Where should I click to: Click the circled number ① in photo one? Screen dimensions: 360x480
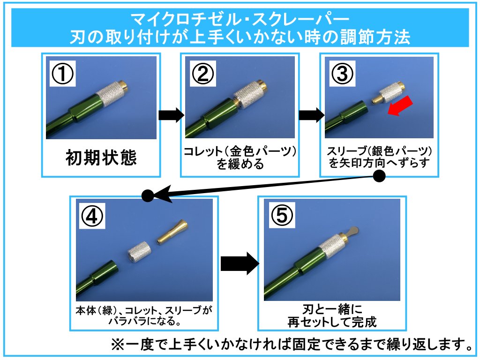(x=62, y=75)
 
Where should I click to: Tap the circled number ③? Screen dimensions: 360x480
(x=343, y=75)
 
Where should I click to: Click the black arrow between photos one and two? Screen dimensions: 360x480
(x=171, y=115)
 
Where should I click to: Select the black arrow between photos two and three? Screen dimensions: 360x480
(x=310, y=115)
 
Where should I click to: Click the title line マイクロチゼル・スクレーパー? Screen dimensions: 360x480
(x=240, y=19)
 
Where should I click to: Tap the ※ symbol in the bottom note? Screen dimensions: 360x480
(x=116, y=345)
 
